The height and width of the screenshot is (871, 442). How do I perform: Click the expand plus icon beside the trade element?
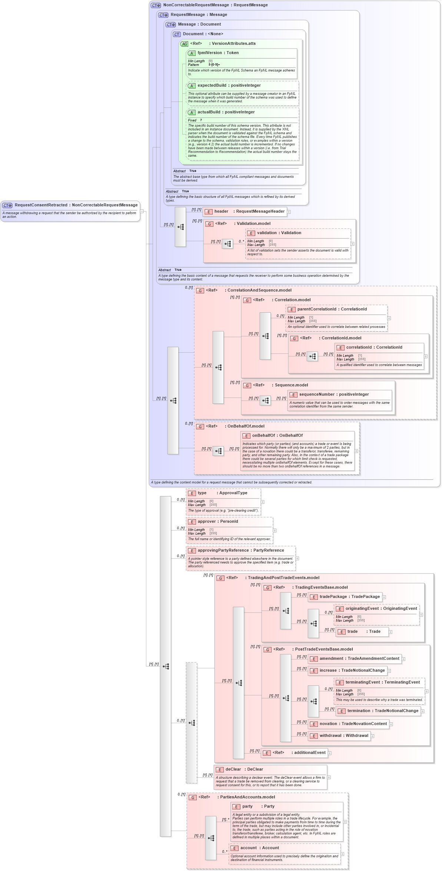pos(391,632)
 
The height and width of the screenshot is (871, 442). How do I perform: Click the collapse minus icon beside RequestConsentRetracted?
pos(142,211)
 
